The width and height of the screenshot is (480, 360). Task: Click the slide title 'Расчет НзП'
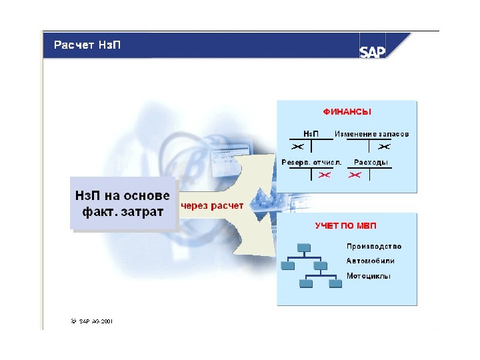(83, 46)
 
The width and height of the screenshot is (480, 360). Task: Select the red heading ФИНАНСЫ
(347, 112)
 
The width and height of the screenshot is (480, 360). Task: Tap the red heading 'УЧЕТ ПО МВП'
(347, 226)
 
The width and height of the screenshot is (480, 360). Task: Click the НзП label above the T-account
(311, 134)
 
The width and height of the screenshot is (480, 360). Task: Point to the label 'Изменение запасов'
(371, 134)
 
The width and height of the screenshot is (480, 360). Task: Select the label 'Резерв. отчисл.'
(311, 162)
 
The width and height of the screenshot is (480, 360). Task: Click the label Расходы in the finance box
(371, 162)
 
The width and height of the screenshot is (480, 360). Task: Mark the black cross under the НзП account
(298, 146)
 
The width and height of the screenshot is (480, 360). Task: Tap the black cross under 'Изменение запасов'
(384, 146)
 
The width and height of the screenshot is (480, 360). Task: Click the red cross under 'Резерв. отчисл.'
(325, 175)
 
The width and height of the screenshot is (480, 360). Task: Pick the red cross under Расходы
(355, 175)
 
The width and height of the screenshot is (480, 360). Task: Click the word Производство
(373, 247)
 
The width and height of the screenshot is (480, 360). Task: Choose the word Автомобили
(371, 261)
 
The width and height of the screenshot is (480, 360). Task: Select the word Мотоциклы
(369, 275)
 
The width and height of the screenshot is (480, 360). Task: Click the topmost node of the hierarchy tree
(304, 248)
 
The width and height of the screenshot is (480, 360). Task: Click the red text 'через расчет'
(213, 205)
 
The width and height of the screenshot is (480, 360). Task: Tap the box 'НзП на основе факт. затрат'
(123, 203)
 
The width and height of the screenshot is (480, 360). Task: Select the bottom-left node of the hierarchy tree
(307, 283)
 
